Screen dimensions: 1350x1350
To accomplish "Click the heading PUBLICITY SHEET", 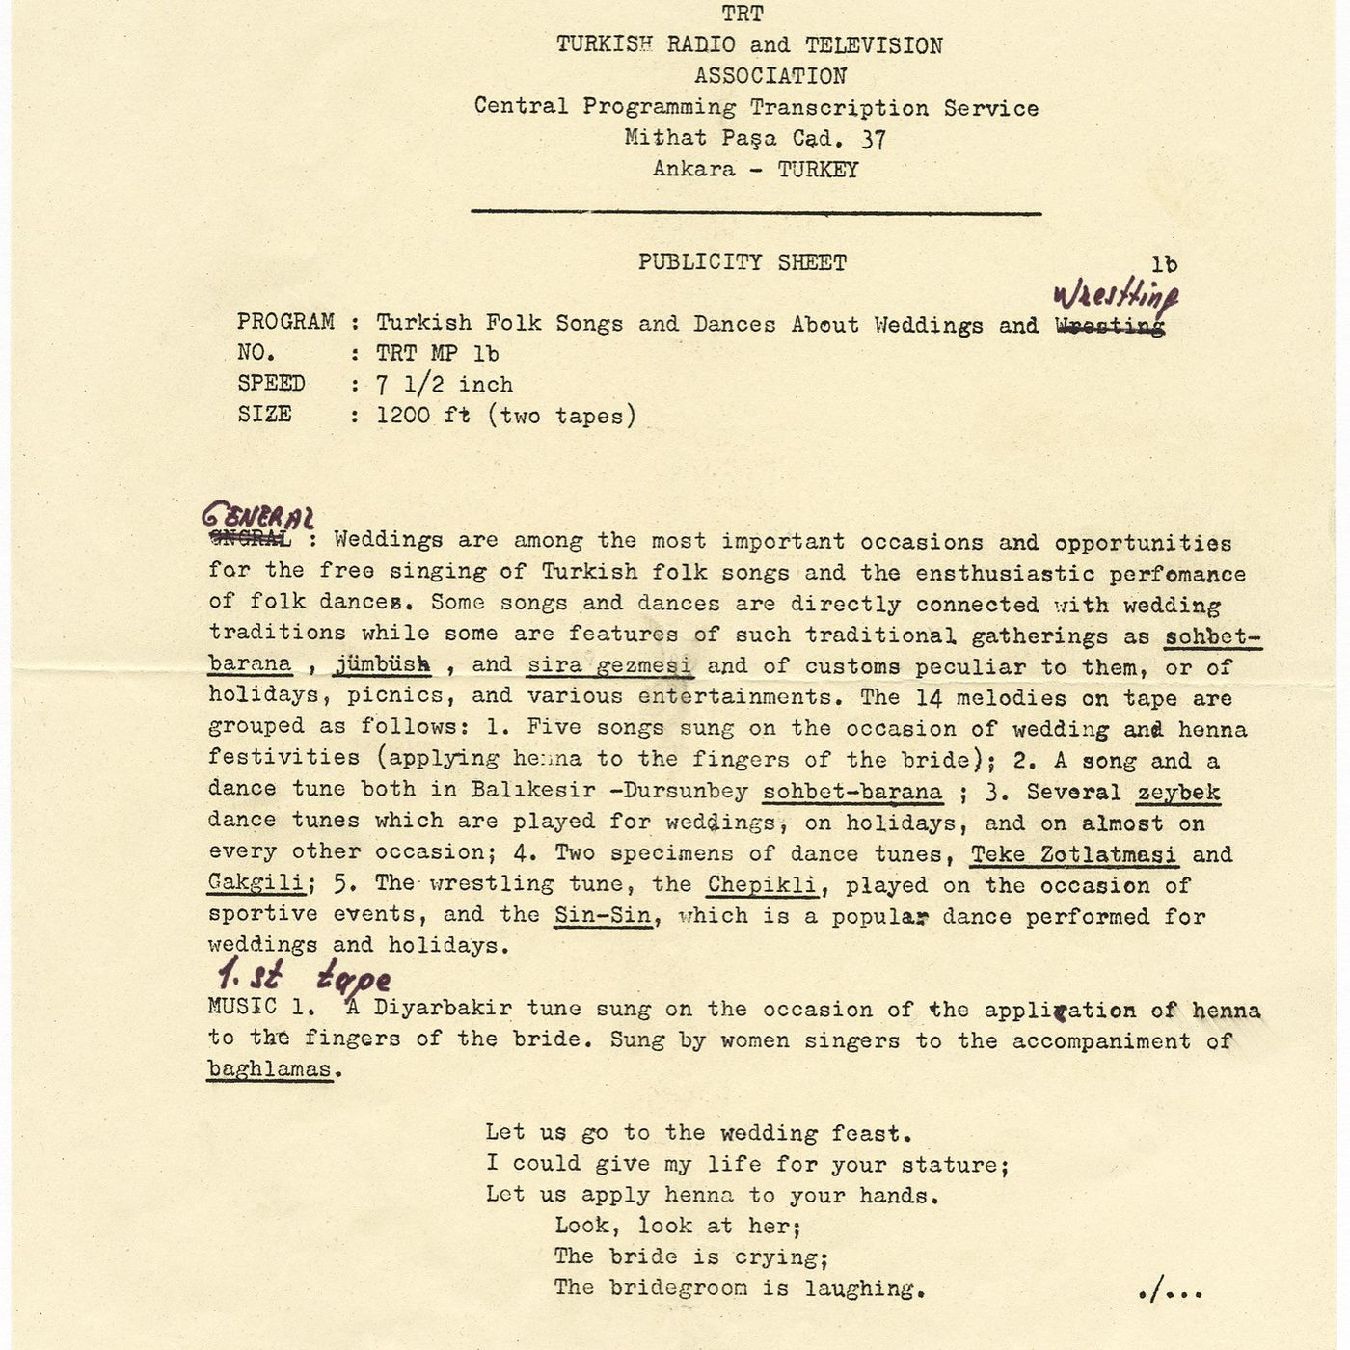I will tap(742, 262).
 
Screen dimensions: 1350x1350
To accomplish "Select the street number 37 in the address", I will tap(874, 139).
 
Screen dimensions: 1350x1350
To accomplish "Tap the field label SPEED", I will tap(271, 384).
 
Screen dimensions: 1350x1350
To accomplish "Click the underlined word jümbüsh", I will tap(382, 664).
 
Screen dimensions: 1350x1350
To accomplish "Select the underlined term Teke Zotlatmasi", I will tap(1073, 854).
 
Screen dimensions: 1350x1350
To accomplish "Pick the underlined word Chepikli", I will tap(762, 885).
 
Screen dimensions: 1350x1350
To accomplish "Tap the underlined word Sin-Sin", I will tap(603, 916).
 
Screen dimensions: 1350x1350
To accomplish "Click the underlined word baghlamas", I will tap(271, 1069).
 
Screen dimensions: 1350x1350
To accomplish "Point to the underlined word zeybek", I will tap(1177, 793).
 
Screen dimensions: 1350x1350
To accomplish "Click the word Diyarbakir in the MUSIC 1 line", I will tap(443, 1009).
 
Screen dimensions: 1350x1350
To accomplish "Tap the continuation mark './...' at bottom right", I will tap(1170, 1289).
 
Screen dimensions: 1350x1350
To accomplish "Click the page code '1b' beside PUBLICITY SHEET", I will tap(1164, 264).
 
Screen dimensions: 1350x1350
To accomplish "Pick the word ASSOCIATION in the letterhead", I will tap(769, 76).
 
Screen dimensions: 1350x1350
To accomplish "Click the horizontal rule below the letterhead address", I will tap(756, 212).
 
